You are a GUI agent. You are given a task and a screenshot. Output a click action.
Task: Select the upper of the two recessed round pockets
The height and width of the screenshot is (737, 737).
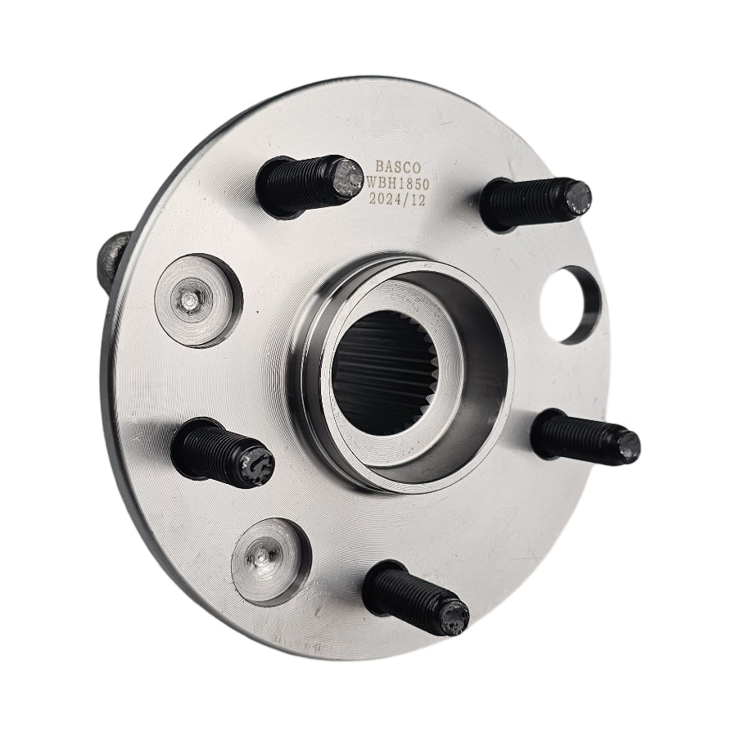197,300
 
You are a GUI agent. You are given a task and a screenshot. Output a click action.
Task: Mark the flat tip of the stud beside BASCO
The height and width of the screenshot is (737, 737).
347,178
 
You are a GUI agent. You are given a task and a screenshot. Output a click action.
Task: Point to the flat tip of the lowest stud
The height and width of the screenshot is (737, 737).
454,616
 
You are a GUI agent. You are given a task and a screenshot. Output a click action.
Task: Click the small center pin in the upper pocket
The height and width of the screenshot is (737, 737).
189,301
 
